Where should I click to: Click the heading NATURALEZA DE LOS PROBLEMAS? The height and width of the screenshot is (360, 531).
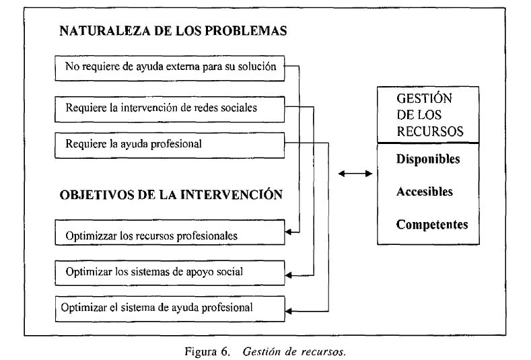point(173,31)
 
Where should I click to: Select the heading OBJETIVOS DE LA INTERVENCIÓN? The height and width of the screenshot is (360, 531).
point(171,194)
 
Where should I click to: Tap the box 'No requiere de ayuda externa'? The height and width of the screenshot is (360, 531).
point(170,69)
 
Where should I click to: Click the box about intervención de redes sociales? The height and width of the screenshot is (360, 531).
point(170,110)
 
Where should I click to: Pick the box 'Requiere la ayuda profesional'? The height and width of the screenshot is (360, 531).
point(170,145)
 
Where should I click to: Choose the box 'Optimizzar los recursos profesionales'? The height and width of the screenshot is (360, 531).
point(170,232)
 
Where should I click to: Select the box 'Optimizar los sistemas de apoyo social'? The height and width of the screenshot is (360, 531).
point(170,273)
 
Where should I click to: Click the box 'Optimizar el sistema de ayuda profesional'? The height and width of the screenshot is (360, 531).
point(170,309)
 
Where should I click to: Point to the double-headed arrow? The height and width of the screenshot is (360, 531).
point(355,174)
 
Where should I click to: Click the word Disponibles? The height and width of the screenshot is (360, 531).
point(428,159)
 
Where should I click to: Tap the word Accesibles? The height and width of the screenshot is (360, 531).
point(425,192)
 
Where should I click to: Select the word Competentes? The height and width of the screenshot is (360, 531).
point(432,225)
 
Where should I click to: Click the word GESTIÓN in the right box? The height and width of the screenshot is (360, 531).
point(424,98)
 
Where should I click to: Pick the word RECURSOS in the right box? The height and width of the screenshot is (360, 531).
point(430,131)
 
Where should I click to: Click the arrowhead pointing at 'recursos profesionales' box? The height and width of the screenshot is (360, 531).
point(288,232)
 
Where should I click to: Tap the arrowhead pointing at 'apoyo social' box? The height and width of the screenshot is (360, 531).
point(288,275)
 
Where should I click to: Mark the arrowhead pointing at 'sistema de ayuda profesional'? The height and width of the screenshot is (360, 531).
point(288,311)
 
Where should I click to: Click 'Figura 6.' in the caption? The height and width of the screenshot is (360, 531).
point(207,351)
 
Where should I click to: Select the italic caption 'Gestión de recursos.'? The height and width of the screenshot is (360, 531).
point(294,351)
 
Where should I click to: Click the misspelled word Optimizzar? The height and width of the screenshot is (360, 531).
point(91,236)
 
